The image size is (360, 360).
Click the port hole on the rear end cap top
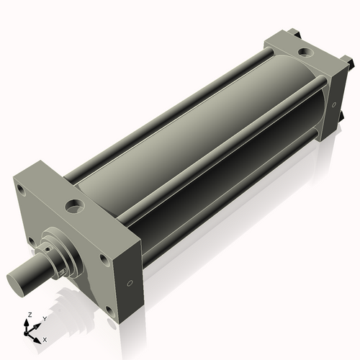click(x=306, y=53)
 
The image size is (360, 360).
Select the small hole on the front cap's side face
click(x=130, y=283)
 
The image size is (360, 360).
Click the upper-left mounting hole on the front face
click(x=22, y=192)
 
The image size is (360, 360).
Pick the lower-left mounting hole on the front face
click(x=31, y=241)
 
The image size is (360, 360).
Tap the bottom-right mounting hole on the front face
click(x=108, y=310)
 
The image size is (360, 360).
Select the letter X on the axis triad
click(x=45, y=338)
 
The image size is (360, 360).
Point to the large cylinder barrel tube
click(x=194, y=144)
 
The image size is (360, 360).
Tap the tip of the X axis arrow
click(x=40, y=337)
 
